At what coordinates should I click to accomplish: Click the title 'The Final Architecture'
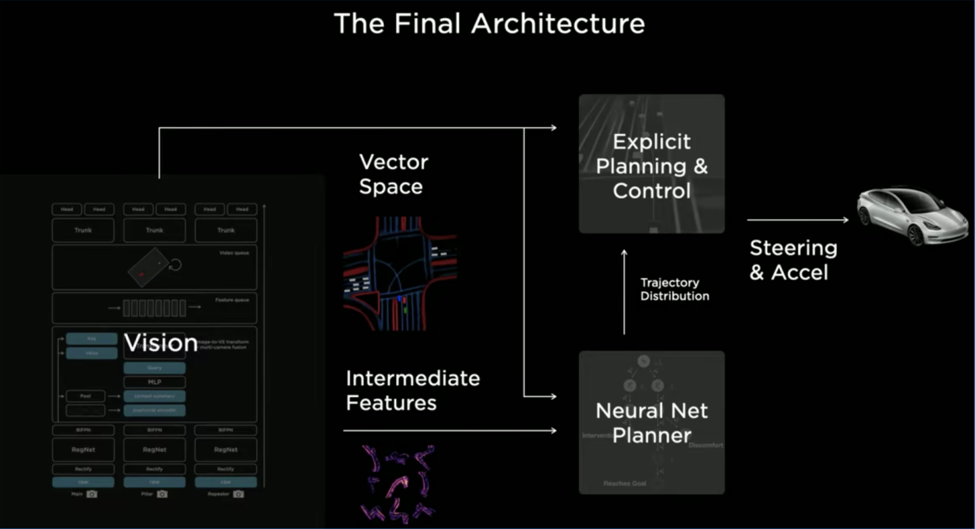coord(489,24)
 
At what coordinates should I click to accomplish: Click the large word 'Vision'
coord(161,343)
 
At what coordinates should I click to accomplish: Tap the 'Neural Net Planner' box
coord(651,422)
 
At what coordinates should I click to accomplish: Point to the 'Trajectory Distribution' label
coord(674,290)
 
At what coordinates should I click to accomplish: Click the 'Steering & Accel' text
coord(793,260)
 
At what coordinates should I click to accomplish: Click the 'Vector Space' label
coord(393,174)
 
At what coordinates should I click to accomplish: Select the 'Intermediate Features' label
coord(412,390)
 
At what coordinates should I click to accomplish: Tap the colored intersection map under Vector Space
coord(399,273)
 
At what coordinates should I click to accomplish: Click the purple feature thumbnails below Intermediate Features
coord(398,482)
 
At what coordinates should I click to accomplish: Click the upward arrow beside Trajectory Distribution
coord(624,291)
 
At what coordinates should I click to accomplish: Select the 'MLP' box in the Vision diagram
coord(154,382)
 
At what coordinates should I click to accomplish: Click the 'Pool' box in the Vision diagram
coord(86,396)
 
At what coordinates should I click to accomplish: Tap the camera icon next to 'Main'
coord(92,495)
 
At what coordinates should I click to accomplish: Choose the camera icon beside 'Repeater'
coord(238,495)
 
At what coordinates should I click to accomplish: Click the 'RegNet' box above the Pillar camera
coord(154,449)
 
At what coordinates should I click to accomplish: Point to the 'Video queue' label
coord(234,253)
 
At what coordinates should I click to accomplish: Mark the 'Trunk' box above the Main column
coord(83,230)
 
